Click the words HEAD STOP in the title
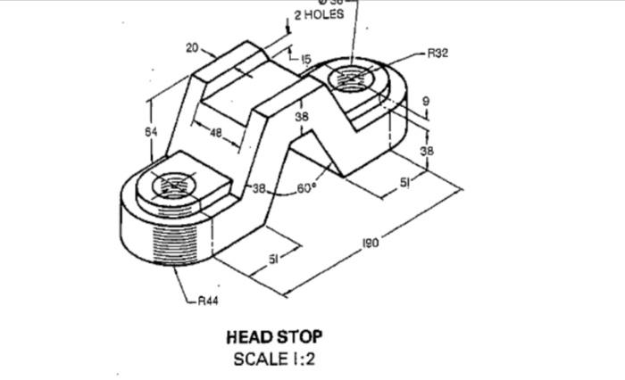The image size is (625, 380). [x=274, y=337]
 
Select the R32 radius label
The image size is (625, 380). [x=437, y=54]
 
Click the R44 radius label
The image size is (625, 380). [x=207, y=302]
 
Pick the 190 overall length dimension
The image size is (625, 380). [x=371, y=242]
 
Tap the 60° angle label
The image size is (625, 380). [x=307, y=188]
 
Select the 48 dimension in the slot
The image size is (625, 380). [x=216, y=132]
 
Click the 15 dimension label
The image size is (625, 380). [x=305, y=60]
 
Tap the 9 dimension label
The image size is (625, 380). [x=426, y=103]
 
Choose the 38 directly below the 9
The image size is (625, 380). [x=426, y=151]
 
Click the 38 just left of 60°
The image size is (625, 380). [x=259, y=188]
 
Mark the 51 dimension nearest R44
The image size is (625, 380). [x=274, y=259]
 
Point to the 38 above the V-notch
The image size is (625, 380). [x=302, y=117]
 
